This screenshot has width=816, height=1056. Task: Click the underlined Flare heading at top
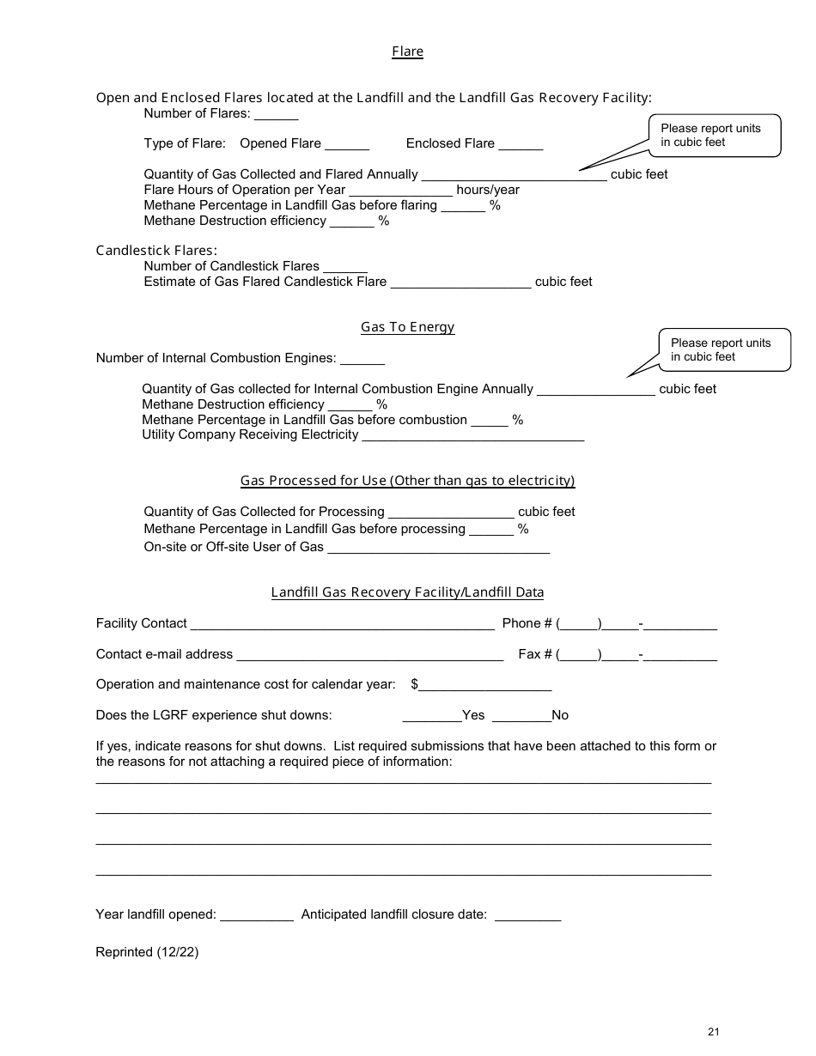407,52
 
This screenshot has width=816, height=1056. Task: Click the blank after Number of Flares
277,115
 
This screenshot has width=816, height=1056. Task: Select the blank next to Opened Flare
347,145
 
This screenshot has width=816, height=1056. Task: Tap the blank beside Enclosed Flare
521,145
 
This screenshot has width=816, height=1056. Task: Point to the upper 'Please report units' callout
715,136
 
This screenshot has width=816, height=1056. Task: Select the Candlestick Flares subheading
156,251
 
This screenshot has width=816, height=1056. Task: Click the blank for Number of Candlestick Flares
345,268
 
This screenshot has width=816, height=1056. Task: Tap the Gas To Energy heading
407,327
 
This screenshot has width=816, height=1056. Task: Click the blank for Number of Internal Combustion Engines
362,360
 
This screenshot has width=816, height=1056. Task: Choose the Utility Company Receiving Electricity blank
473,436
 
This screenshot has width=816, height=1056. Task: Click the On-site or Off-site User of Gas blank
438,549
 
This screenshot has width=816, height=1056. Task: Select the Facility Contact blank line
342,625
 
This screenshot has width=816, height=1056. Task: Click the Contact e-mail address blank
369,656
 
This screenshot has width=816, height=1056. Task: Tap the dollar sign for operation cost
415,684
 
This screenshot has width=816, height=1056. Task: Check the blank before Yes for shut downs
431,717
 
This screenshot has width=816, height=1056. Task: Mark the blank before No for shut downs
521,717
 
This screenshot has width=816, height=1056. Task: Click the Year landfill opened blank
257,916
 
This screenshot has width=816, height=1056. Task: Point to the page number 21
714,1032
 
